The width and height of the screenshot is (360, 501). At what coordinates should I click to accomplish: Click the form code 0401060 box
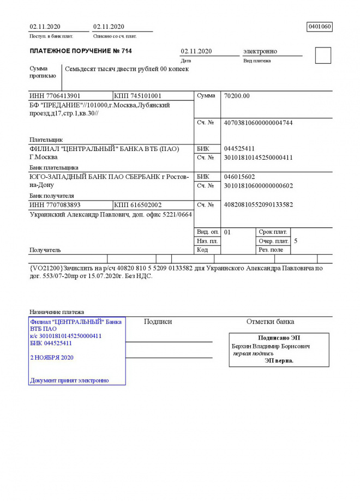coord(320,27)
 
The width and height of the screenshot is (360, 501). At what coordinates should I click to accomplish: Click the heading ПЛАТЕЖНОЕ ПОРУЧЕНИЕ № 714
coord(81,51)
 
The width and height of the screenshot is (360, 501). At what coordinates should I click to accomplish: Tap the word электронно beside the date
coord(260,51)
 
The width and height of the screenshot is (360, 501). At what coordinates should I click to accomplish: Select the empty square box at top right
coord(323,56)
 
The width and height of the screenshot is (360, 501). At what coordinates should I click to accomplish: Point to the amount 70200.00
coord(237,96)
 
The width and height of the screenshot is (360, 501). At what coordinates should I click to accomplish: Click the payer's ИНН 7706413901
coord(55,96)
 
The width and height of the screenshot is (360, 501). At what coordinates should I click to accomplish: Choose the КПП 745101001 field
coord(138,96)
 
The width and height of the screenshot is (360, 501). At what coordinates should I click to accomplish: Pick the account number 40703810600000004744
coord(258,123)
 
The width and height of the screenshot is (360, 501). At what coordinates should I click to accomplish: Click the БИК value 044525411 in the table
coord(239,149)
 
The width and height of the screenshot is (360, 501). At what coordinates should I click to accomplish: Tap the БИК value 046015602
coord(239,177)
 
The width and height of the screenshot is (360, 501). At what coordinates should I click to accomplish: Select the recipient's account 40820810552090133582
coord(258,205)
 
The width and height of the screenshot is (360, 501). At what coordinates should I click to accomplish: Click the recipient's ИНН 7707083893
coord(55,205)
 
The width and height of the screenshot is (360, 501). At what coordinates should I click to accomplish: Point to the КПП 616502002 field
coord(138,205)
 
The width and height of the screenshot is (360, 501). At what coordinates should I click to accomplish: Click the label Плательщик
coord(46,140)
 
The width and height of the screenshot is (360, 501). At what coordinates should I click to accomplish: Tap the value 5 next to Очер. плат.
coord(296,240)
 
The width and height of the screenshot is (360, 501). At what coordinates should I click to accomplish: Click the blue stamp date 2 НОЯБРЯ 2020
coord(52,358)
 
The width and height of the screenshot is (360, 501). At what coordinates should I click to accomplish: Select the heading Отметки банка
coord(270,322)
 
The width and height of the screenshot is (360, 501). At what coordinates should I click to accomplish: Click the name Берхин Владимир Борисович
coord(271,346)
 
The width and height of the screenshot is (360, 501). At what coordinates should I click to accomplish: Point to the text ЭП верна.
coord(279,360)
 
